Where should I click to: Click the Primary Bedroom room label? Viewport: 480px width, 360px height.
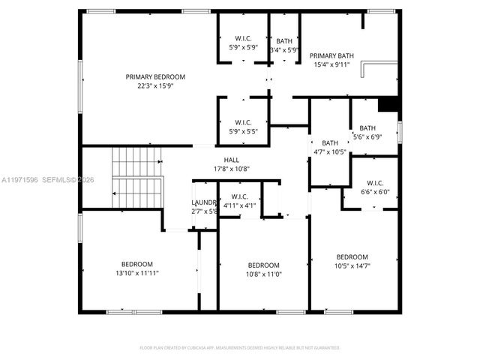155,76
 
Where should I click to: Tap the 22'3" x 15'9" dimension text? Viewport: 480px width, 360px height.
155,85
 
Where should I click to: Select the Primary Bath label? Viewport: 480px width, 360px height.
331,55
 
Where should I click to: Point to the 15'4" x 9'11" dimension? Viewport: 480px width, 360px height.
331,64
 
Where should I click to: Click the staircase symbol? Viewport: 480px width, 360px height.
136,177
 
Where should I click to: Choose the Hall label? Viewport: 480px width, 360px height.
232,160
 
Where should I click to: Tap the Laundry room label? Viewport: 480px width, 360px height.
203,202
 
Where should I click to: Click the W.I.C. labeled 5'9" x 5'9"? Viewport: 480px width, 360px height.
243,39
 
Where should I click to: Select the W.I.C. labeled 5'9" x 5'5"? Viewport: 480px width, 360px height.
243,122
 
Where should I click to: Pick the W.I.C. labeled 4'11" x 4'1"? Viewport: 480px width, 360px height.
239,196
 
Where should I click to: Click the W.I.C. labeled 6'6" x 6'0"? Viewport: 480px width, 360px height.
374,182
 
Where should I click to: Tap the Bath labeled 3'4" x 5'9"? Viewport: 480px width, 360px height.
284,41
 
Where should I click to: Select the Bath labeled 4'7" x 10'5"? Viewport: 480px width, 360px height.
330,143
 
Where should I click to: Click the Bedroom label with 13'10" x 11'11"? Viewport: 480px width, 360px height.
137,264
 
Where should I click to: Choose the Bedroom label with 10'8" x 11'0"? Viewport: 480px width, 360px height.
263,265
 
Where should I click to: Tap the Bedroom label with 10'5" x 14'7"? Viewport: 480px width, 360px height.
352,256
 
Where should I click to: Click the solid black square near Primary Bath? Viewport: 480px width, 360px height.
388,105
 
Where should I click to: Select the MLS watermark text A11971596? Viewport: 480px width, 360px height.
20,179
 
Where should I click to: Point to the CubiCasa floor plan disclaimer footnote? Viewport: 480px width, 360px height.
240,348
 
